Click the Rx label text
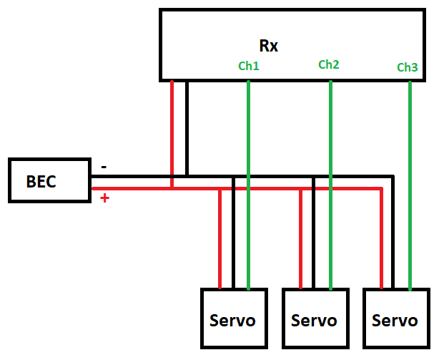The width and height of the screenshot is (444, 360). pos(268,47)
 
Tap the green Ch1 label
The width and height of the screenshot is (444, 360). pos(248,66)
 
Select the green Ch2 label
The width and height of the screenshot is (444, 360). pos(328,64)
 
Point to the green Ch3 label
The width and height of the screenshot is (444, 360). pos(407,68)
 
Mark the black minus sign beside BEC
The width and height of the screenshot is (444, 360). pos(104,167)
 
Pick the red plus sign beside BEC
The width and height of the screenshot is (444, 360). pos(104,198)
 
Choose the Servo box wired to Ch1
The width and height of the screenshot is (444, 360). pos(233,319)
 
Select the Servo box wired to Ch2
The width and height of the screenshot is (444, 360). pos(315,319)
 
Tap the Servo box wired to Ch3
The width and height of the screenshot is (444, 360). pos(395,319)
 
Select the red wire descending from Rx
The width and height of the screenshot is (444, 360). pos(172,129)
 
